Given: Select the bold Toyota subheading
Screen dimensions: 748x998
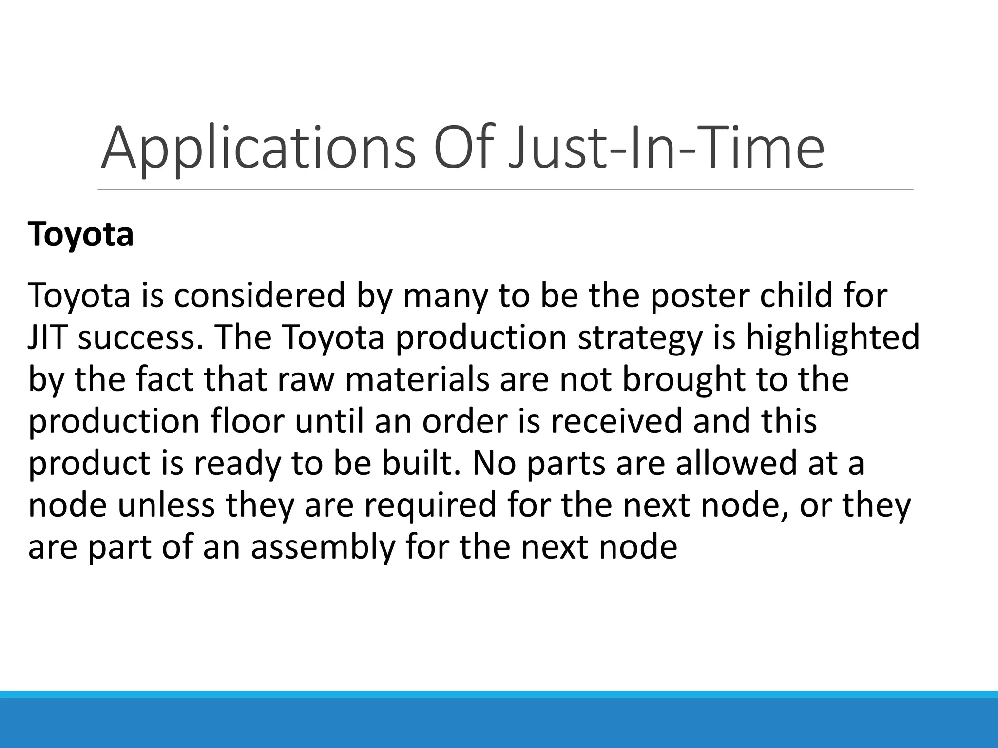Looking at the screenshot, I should [x=80, y=235].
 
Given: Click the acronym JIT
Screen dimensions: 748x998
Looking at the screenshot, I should [x=47, y=337].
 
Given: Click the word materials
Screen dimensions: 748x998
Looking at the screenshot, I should [x=417, y=379].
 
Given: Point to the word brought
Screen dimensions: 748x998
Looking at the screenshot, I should [x=684, y=380].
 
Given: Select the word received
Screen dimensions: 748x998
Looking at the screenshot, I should [x=616, y=421].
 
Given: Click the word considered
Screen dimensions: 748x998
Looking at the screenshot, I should [x=259, y=296].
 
